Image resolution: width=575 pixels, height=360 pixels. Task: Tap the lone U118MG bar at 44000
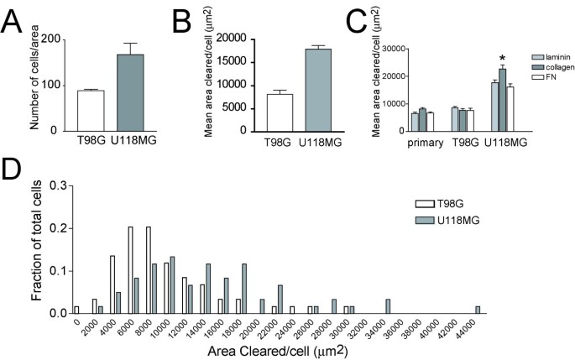click(x=478, y=310)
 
